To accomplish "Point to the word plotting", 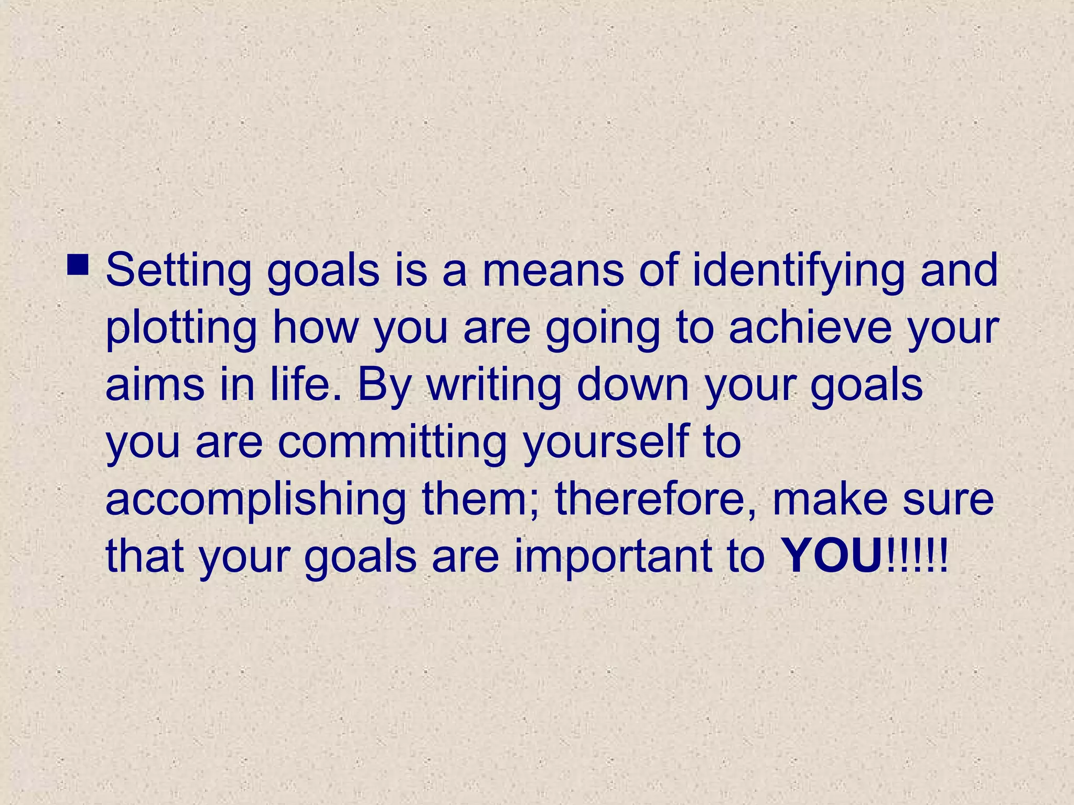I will (x=181, y=328).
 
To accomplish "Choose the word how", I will (x=315, y=328).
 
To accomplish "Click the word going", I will (x=603, y=328).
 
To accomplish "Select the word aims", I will (x=155, y=385).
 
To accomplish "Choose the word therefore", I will (x=656, y=500).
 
